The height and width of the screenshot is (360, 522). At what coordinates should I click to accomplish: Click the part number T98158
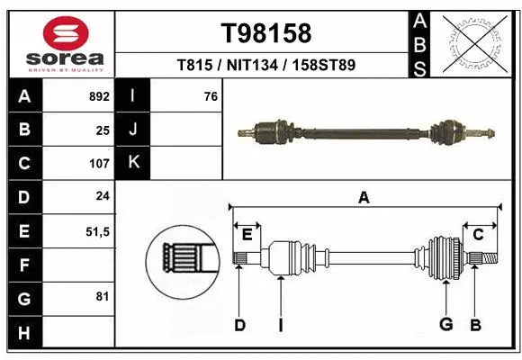click(x=265, y=33)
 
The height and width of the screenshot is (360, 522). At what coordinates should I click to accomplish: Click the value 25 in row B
click(x=103, y=130)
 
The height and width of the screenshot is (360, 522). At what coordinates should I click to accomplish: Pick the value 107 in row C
click(x=99, y=164)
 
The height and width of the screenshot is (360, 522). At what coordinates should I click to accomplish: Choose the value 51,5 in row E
click(x=96, y=231)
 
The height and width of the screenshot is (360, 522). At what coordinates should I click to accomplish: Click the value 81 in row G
click(x=103, y=296)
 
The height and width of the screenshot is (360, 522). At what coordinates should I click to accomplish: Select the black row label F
click(x=23, y=265)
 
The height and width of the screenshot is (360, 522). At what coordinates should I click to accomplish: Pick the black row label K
click(x=133, y=163)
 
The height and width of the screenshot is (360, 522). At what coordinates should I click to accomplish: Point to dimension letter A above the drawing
click(x=364, y=198)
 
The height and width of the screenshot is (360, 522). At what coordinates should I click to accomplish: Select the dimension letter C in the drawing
click(x=479, y=234)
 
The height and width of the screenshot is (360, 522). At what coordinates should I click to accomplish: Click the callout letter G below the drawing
click(x=445, y=325)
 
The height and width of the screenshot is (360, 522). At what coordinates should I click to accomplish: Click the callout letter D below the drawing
click(x=239, y=325)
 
